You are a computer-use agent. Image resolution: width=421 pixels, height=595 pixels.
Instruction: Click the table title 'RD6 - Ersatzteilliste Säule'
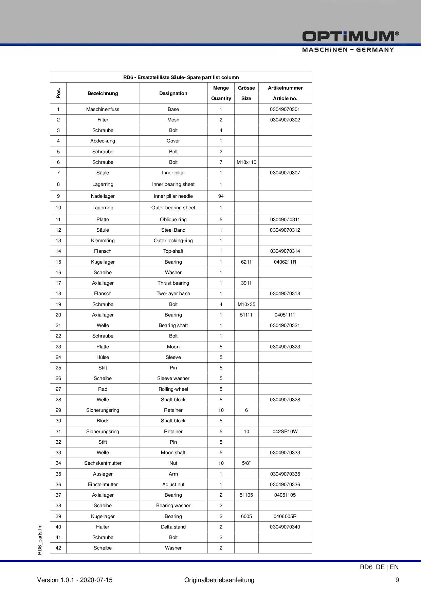(x=181, y=77)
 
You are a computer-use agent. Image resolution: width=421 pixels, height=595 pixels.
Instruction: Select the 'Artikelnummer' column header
(x=285, y=88)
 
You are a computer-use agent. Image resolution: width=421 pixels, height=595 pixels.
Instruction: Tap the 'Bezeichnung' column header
(x=103, y=93)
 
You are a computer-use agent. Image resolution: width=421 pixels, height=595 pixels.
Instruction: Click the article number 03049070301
(x=285, y=109)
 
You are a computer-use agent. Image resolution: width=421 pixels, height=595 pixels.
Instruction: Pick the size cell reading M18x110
(x=246, y=162)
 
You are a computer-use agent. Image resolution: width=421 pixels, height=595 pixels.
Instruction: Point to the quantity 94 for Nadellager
(x=221, y=196)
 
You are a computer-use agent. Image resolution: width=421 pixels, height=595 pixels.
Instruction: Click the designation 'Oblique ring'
(x=173, y=219)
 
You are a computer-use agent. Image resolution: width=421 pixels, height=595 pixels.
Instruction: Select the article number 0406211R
(x=285, y=262)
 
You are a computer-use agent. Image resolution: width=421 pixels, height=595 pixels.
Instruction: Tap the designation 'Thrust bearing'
(x=173, y=283)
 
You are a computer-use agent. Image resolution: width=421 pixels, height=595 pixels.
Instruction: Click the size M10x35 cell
(x=246, y=304)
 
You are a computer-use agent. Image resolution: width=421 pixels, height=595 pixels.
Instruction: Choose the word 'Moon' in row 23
(x=173, y=347)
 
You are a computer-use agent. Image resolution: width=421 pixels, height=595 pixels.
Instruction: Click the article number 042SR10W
(x=285, y=431)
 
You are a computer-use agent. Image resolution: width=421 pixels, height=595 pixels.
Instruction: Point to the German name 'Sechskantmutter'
(x=103, y=463)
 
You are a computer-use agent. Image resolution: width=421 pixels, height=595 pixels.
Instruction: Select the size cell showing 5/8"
(x=246, y=463)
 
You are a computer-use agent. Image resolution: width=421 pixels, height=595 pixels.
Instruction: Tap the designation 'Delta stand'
(x=173, y=527)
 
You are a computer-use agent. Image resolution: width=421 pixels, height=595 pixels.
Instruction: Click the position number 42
(x=58, y=548)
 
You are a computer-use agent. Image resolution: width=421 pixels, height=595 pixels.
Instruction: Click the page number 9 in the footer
(x=397, y=580)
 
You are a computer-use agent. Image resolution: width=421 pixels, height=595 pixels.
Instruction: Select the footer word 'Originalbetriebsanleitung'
(x=219, y=580)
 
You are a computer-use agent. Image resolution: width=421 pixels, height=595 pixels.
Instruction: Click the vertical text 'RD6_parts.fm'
(x=40, y=539)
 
